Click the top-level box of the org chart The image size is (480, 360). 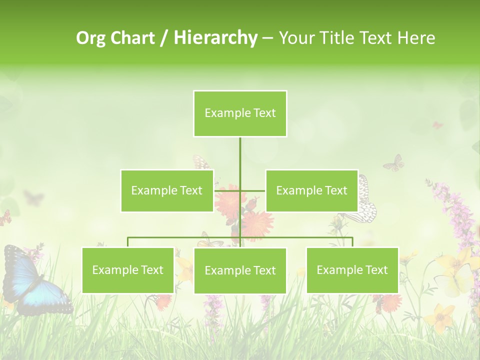[x=240, y=113]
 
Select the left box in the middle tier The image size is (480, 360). [x=167, y=190]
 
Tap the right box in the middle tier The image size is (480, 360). [x=311, y=190]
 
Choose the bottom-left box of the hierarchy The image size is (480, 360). [x=128, y=270]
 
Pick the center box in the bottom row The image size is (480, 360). [x=240, y=270]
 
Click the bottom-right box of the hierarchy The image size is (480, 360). [x=352, y=270]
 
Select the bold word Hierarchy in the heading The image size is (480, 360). [x=215, y=38]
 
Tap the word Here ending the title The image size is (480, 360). [x=416, y=38]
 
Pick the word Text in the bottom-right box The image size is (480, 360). [x=376, y=270]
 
